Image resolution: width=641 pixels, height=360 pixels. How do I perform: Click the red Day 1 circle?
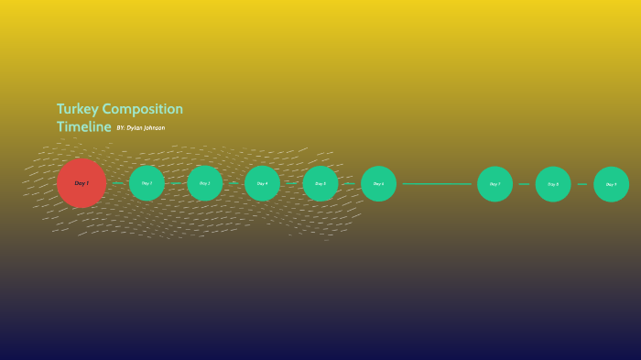tap(81, 183)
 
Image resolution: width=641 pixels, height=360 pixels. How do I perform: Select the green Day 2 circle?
tap(147, 183)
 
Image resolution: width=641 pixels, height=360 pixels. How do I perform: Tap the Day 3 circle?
tap(204, 183)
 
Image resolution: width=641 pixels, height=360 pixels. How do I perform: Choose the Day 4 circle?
tap(262, 183)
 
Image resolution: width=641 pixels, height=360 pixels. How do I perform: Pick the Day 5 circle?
tap(320, 183)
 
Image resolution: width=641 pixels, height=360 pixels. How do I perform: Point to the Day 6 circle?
tap(378, 183)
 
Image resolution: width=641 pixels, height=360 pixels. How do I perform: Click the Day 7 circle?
tap(494, 183)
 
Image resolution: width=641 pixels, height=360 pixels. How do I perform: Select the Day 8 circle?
tap(553, 183)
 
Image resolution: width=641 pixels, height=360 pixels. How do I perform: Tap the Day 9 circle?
tap(611, 183)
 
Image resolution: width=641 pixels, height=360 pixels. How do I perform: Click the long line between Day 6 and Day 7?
tap(437, 183)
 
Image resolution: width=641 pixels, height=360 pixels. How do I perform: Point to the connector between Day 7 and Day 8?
tap(524, 183)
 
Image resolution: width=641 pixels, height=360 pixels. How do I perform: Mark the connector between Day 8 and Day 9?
tap(582, 183)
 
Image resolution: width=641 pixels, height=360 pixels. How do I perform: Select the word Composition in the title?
tap(143, 109)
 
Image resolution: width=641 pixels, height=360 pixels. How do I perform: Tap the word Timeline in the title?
tap(83, 126)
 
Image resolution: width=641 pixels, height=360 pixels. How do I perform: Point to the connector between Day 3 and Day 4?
tap(234, 183)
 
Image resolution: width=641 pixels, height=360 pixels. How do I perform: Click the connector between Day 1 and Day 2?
tap(117, 183)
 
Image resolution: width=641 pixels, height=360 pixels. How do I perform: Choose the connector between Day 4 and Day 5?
tap(291, 183)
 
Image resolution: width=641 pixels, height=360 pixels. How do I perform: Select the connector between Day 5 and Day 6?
tap(349, 183)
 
